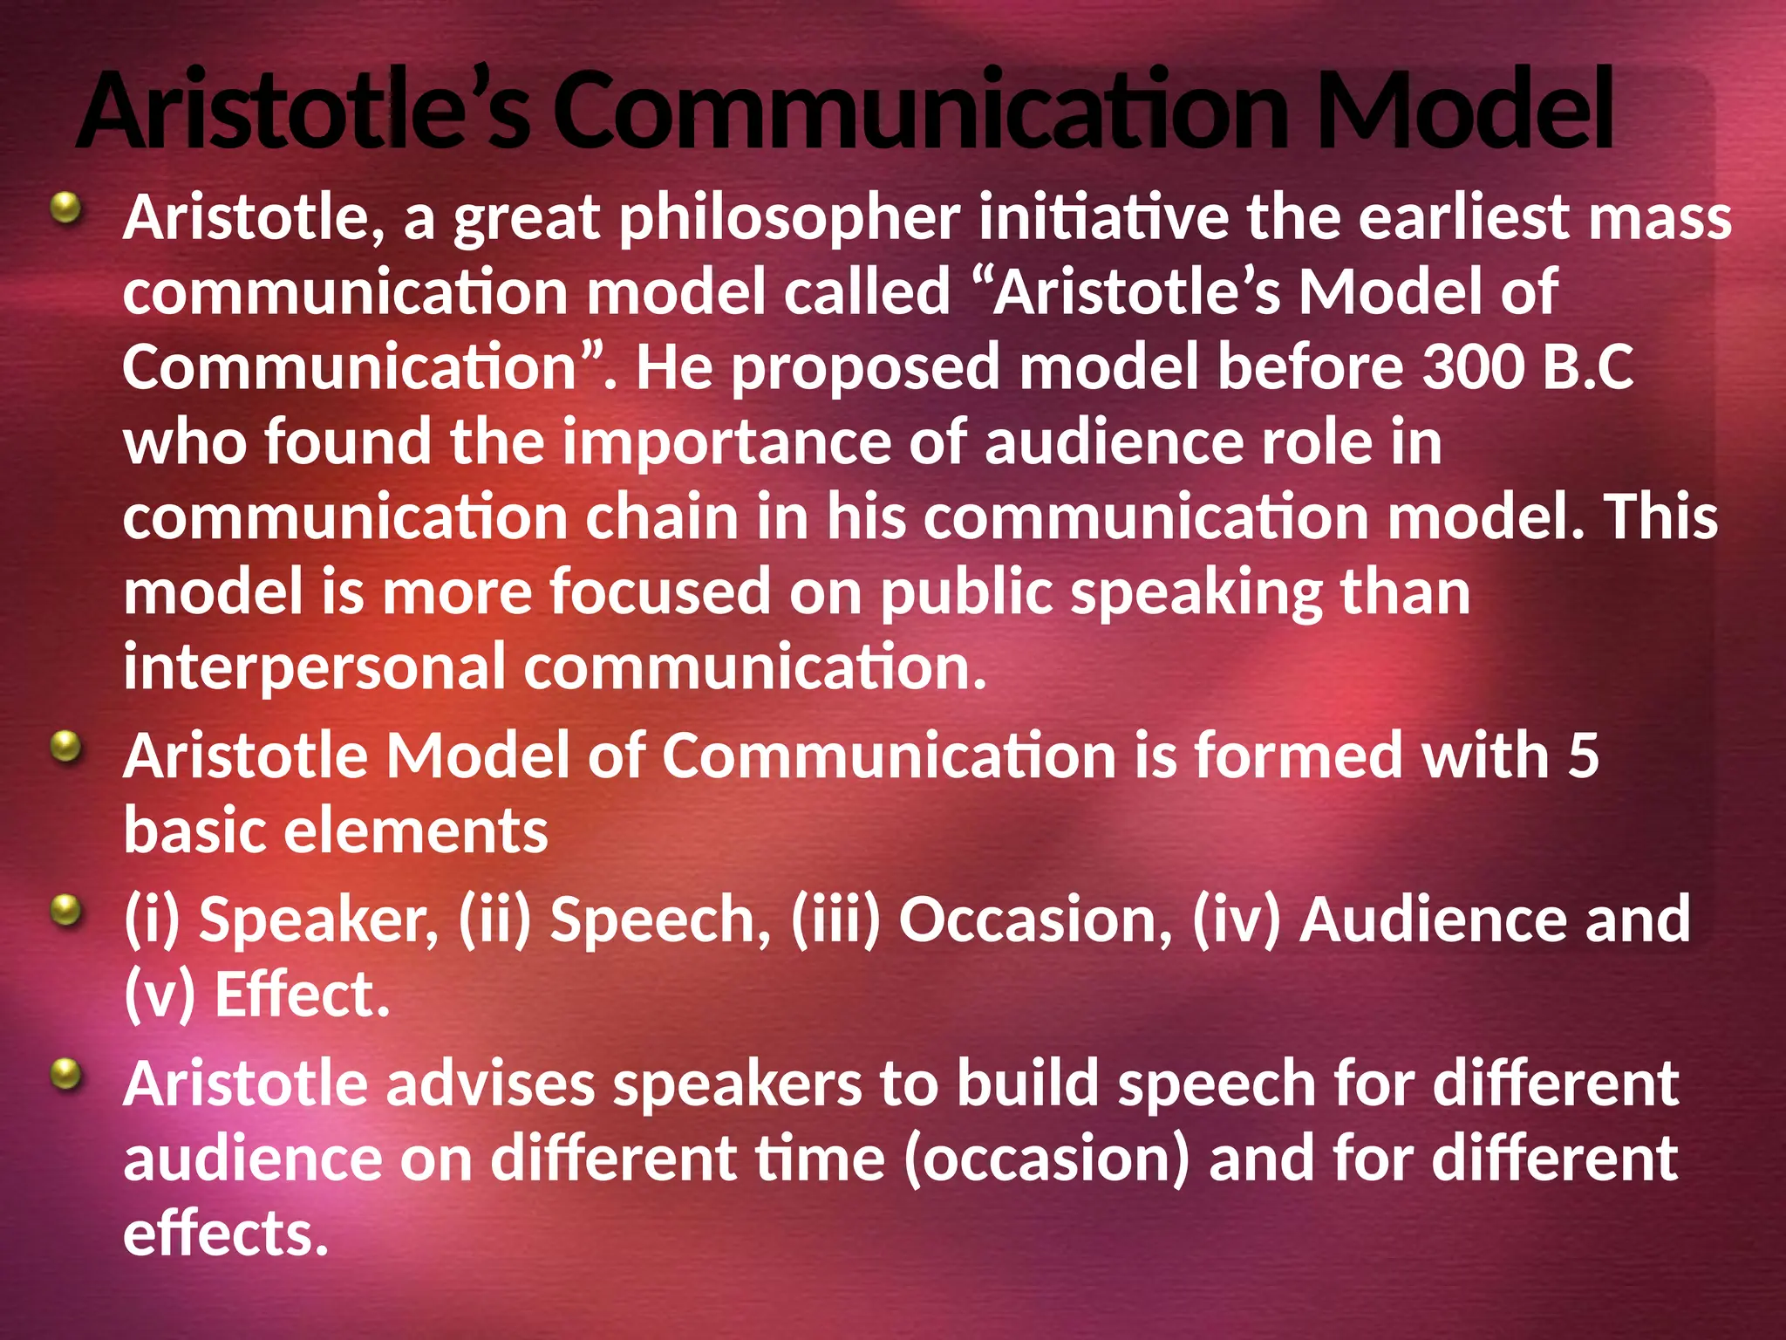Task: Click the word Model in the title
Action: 1463,111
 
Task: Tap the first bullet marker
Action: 65,209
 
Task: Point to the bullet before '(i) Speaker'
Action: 65,912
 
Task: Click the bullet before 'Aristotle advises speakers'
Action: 65,1075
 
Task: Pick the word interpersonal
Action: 314,667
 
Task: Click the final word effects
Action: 225,1234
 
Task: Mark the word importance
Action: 726,442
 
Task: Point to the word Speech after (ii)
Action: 660,920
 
